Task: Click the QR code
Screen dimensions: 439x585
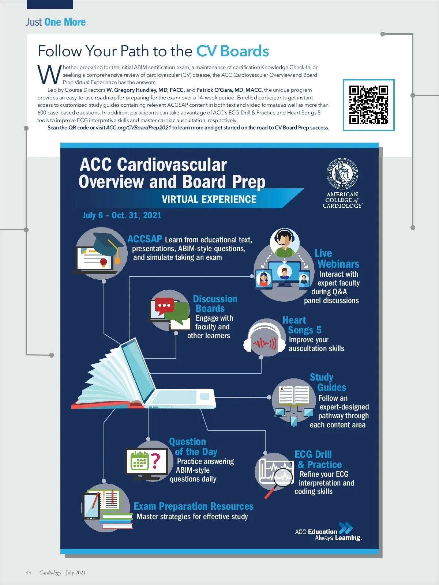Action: click(369, 105)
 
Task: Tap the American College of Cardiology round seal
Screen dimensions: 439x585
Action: click(342, 174)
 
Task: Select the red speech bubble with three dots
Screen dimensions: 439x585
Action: click(164, 306)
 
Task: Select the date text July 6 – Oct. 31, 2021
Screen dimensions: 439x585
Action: click(122, 215)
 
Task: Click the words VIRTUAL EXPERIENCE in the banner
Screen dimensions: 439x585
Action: click(209, 199)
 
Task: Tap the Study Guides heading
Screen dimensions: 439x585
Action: click(328, 382)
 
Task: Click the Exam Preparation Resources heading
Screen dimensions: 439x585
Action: click(194, 506)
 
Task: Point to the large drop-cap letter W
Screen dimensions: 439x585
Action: click(49, 75)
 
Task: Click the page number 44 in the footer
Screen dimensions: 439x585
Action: click(29, 573)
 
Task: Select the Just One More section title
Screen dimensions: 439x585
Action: click(56, 22)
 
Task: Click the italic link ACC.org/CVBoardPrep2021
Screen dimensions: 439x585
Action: click(138, 128)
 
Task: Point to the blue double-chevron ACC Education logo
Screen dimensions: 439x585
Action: click(345, 528)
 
